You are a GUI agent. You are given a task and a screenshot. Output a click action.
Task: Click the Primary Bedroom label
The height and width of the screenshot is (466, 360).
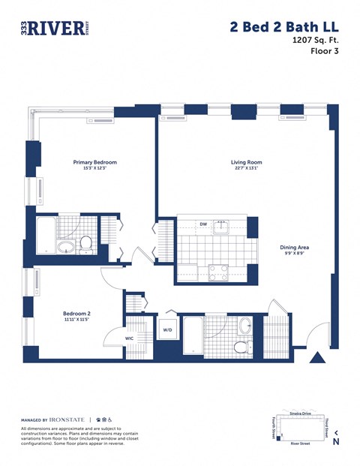[94, 162]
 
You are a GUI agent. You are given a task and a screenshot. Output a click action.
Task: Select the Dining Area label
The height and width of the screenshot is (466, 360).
[295, 247]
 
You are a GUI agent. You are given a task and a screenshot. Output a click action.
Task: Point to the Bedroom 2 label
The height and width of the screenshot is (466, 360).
[77, 314]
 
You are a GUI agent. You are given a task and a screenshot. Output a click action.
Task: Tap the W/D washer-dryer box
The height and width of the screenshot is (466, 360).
[167, 330]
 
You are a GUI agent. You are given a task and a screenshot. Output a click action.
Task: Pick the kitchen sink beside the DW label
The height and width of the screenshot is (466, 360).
[220, 226]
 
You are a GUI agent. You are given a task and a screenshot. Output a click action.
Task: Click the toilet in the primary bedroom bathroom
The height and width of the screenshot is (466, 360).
[86, 243]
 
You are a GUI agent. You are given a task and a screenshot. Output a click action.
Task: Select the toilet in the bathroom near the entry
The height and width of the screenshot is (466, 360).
[241, 347]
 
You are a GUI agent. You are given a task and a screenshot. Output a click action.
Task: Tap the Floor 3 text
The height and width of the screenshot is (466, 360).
[324, 57]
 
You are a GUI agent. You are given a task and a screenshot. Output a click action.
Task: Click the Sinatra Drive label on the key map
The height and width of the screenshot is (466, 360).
[299, 413]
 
